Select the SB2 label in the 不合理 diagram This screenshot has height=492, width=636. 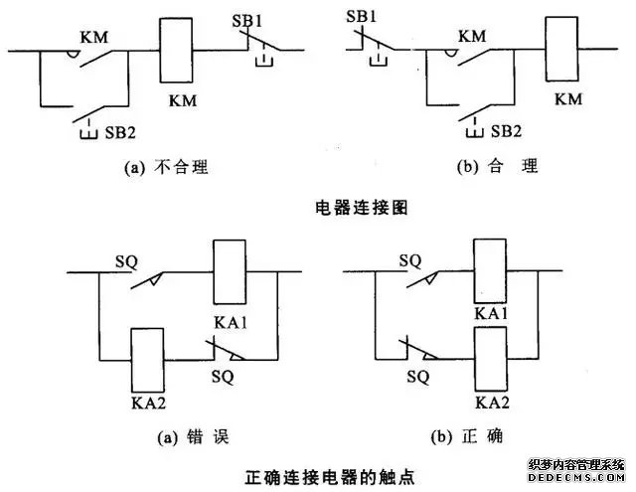(x=111, y=130)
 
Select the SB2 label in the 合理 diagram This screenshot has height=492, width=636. (x=506, y=130)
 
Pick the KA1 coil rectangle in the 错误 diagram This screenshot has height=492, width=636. (x=230, y=271)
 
